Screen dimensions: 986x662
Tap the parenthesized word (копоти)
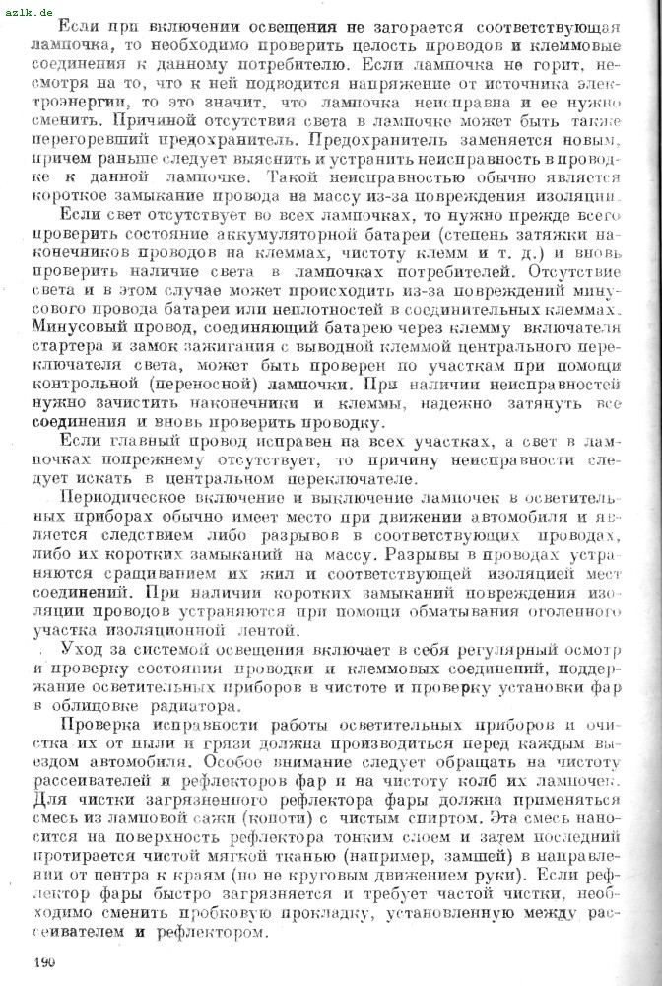(x=271, y=816)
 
